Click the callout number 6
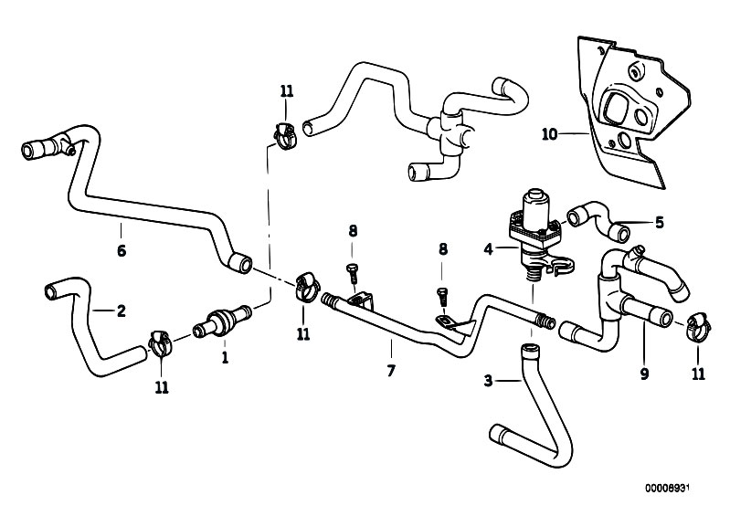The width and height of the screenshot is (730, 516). [x=121, y=249]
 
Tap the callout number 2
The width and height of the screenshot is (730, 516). [x=121, y=311]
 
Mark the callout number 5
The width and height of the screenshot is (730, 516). [x=660, y=222]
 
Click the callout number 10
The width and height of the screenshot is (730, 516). [x=548, y=134]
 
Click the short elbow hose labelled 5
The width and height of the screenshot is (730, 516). [x=595, y=216]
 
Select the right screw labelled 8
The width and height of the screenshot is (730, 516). [x=441, y=295]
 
